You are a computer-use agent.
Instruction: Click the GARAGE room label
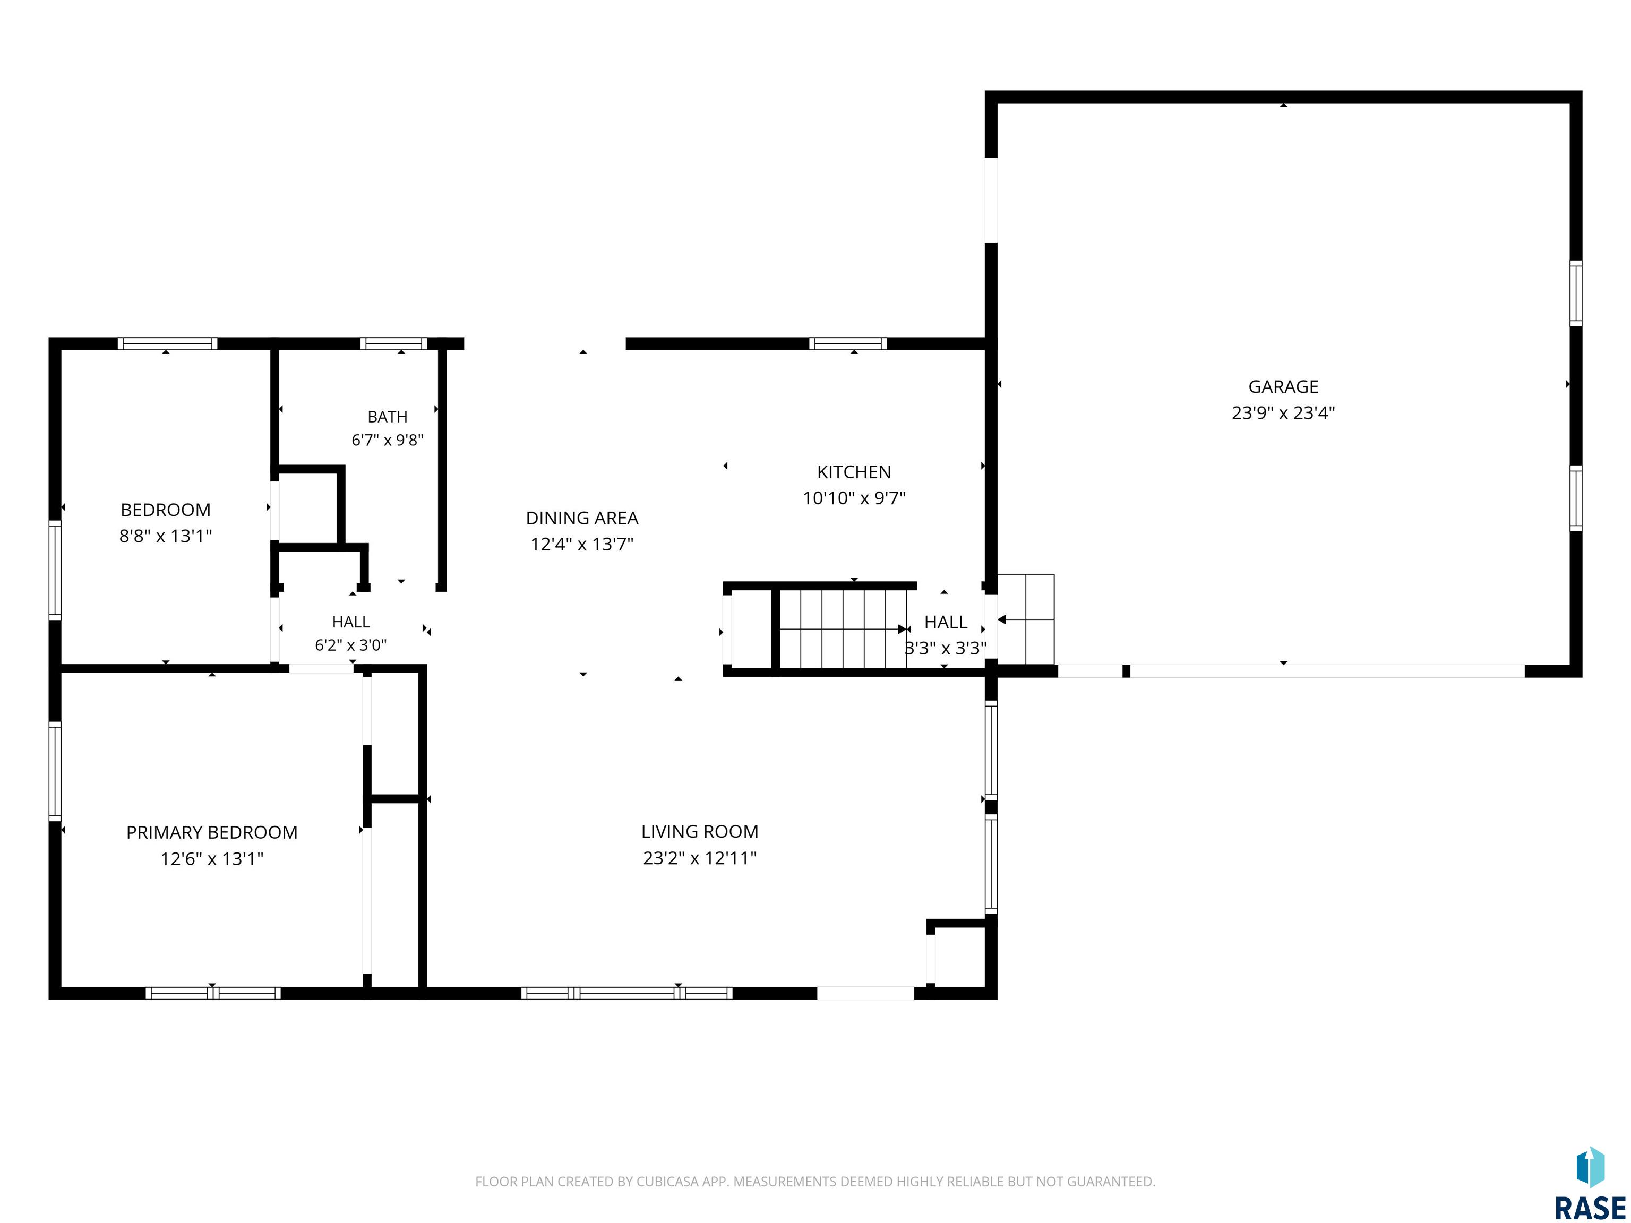pyautogui.click(x=1283, y=386)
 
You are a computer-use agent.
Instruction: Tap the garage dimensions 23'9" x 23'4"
pyautogui.click(x=1283, y=413)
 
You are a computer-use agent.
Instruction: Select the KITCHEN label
pyautogui.click(x=854, y=472)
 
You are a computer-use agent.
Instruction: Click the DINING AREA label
pyautogui.click(x=582, y=518)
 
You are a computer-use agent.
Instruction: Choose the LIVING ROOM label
pyautogui.click(x=700, y=832)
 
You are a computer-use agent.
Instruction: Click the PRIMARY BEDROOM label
pyautogui.click(x=212, y=832)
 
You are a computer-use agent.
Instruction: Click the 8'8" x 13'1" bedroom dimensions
pyautogui.click(x=165, y=536)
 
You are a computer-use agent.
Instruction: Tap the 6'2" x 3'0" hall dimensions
pyautogui.click(x=350, y=645)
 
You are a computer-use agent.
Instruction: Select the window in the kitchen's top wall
pyautogui.click(x=848, y=343)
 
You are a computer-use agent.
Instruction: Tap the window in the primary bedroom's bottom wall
pyautogui.click(x=213, y=993)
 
